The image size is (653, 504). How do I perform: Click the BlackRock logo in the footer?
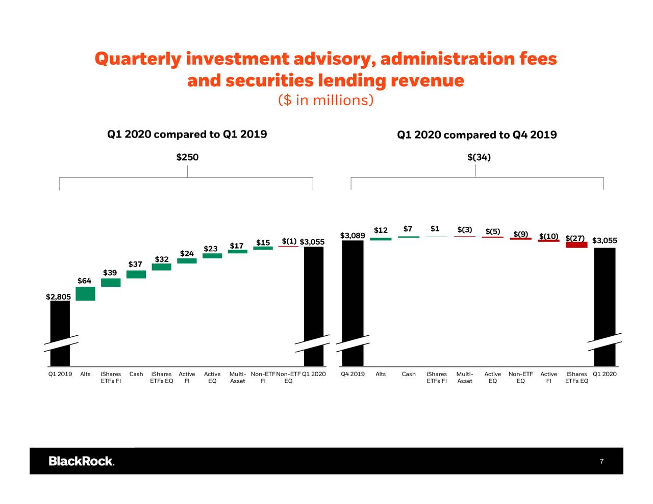(x=82, y=461)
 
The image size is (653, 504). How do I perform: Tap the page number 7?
(x=601, y=462)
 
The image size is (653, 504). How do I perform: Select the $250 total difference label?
(x=187, y=157)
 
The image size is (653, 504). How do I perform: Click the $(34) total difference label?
(x=479, y=157)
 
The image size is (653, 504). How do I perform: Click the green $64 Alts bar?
(x=85, y=294)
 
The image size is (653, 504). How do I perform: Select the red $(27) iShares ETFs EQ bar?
(x=576, y=245)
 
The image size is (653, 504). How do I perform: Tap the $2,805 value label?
(x=58, y=297)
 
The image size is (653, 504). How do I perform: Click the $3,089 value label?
(x=352, y=235)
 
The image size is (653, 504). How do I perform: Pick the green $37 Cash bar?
(x=136, y=274)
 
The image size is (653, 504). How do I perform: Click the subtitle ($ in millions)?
(x=325, y=100)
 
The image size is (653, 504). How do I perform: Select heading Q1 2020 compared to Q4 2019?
(x=476, y=135)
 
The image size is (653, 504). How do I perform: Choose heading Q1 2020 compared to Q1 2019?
(x=187, y=134)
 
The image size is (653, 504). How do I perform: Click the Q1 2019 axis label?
(x=60, y=374)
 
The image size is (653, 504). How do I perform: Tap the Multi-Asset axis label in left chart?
(x=238, y=378)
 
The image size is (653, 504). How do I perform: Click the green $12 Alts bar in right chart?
(x=381, y=238)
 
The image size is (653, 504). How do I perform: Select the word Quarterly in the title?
(x=138, y=59)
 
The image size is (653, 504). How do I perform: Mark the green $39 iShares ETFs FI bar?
(x=111, y=282)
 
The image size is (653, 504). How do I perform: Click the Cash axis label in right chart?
(x=409, y=374)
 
